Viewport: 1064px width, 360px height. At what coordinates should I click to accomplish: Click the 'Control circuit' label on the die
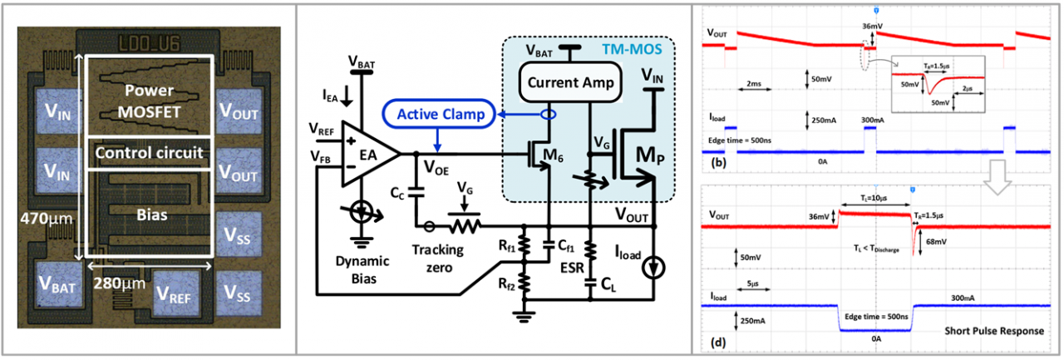click(x=149, y=152)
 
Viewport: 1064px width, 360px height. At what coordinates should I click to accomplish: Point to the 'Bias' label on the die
click(x=149, y=215)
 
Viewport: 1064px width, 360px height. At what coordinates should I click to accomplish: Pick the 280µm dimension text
click(x=118, y=284)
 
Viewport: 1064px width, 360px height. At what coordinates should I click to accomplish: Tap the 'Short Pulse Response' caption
click(x=993, y=331)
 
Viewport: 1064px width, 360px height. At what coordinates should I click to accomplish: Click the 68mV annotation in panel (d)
click(x=938, y=243)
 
